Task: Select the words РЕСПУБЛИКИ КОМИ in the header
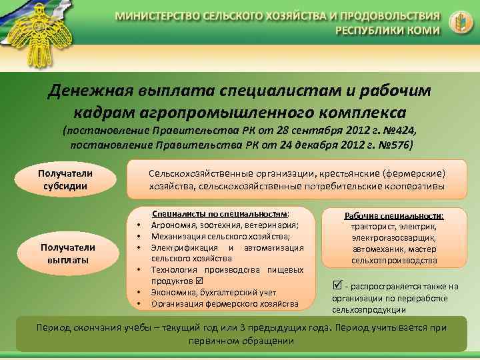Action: [x=387, y=30]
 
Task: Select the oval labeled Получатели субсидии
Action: [x=65, y=180]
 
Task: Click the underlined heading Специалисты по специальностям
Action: [x=220, y=215]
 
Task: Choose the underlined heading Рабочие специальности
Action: [x=394, y=216]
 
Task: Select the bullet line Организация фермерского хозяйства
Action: [x=225, y=304]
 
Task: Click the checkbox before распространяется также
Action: [x=337, y=285]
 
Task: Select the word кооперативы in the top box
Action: [x=414, y=187]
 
